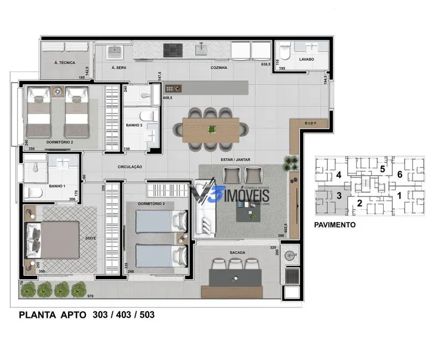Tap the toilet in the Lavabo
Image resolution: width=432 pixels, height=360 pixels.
pyautogui.click(x=285, y=52)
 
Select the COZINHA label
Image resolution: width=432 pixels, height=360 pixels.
pyautogui.click(x=220, y=68)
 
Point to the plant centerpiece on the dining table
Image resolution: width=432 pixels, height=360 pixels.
pyautogui.click(x=211, y=129)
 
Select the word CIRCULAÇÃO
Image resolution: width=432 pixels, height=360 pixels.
pyautogui.click(x=130, y=167)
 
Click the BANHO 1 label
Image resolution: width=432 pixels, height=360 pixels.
pyautogui.click(x=57, y=186)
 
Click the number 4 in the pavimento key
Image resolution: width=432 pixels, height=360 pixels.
pyautogui.click(x=338, y=176)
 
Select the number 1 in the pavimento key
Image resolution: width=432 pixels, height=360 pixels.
pyautogui.click(x=398, y=196)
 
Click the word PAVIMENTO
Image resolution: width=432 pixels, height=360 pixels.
pyautogui.click(x=335, y=225)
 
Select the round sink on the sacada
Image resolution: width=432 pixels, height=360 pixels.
pyautogui.click(x=290, y=256)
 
